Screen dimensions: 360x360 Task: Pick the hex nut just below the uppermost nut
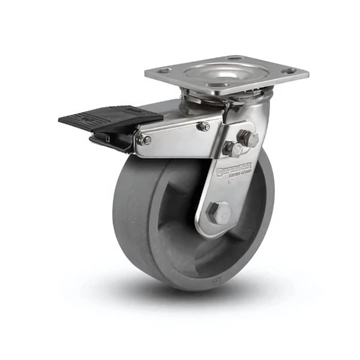point(233,149)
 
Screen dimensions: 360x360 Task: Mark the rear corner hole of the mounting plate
point(235,58)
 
